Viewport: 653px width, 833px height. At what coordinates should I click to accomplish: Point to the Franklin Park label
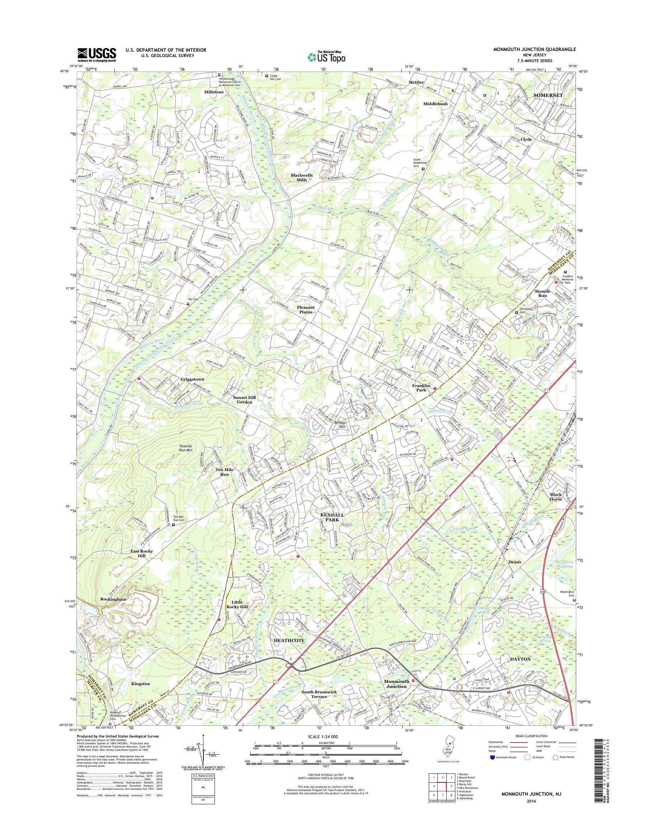tap(421, 388)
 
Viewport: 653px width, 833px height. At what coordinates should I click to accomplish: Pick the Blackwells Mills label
tap(302, 177)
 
